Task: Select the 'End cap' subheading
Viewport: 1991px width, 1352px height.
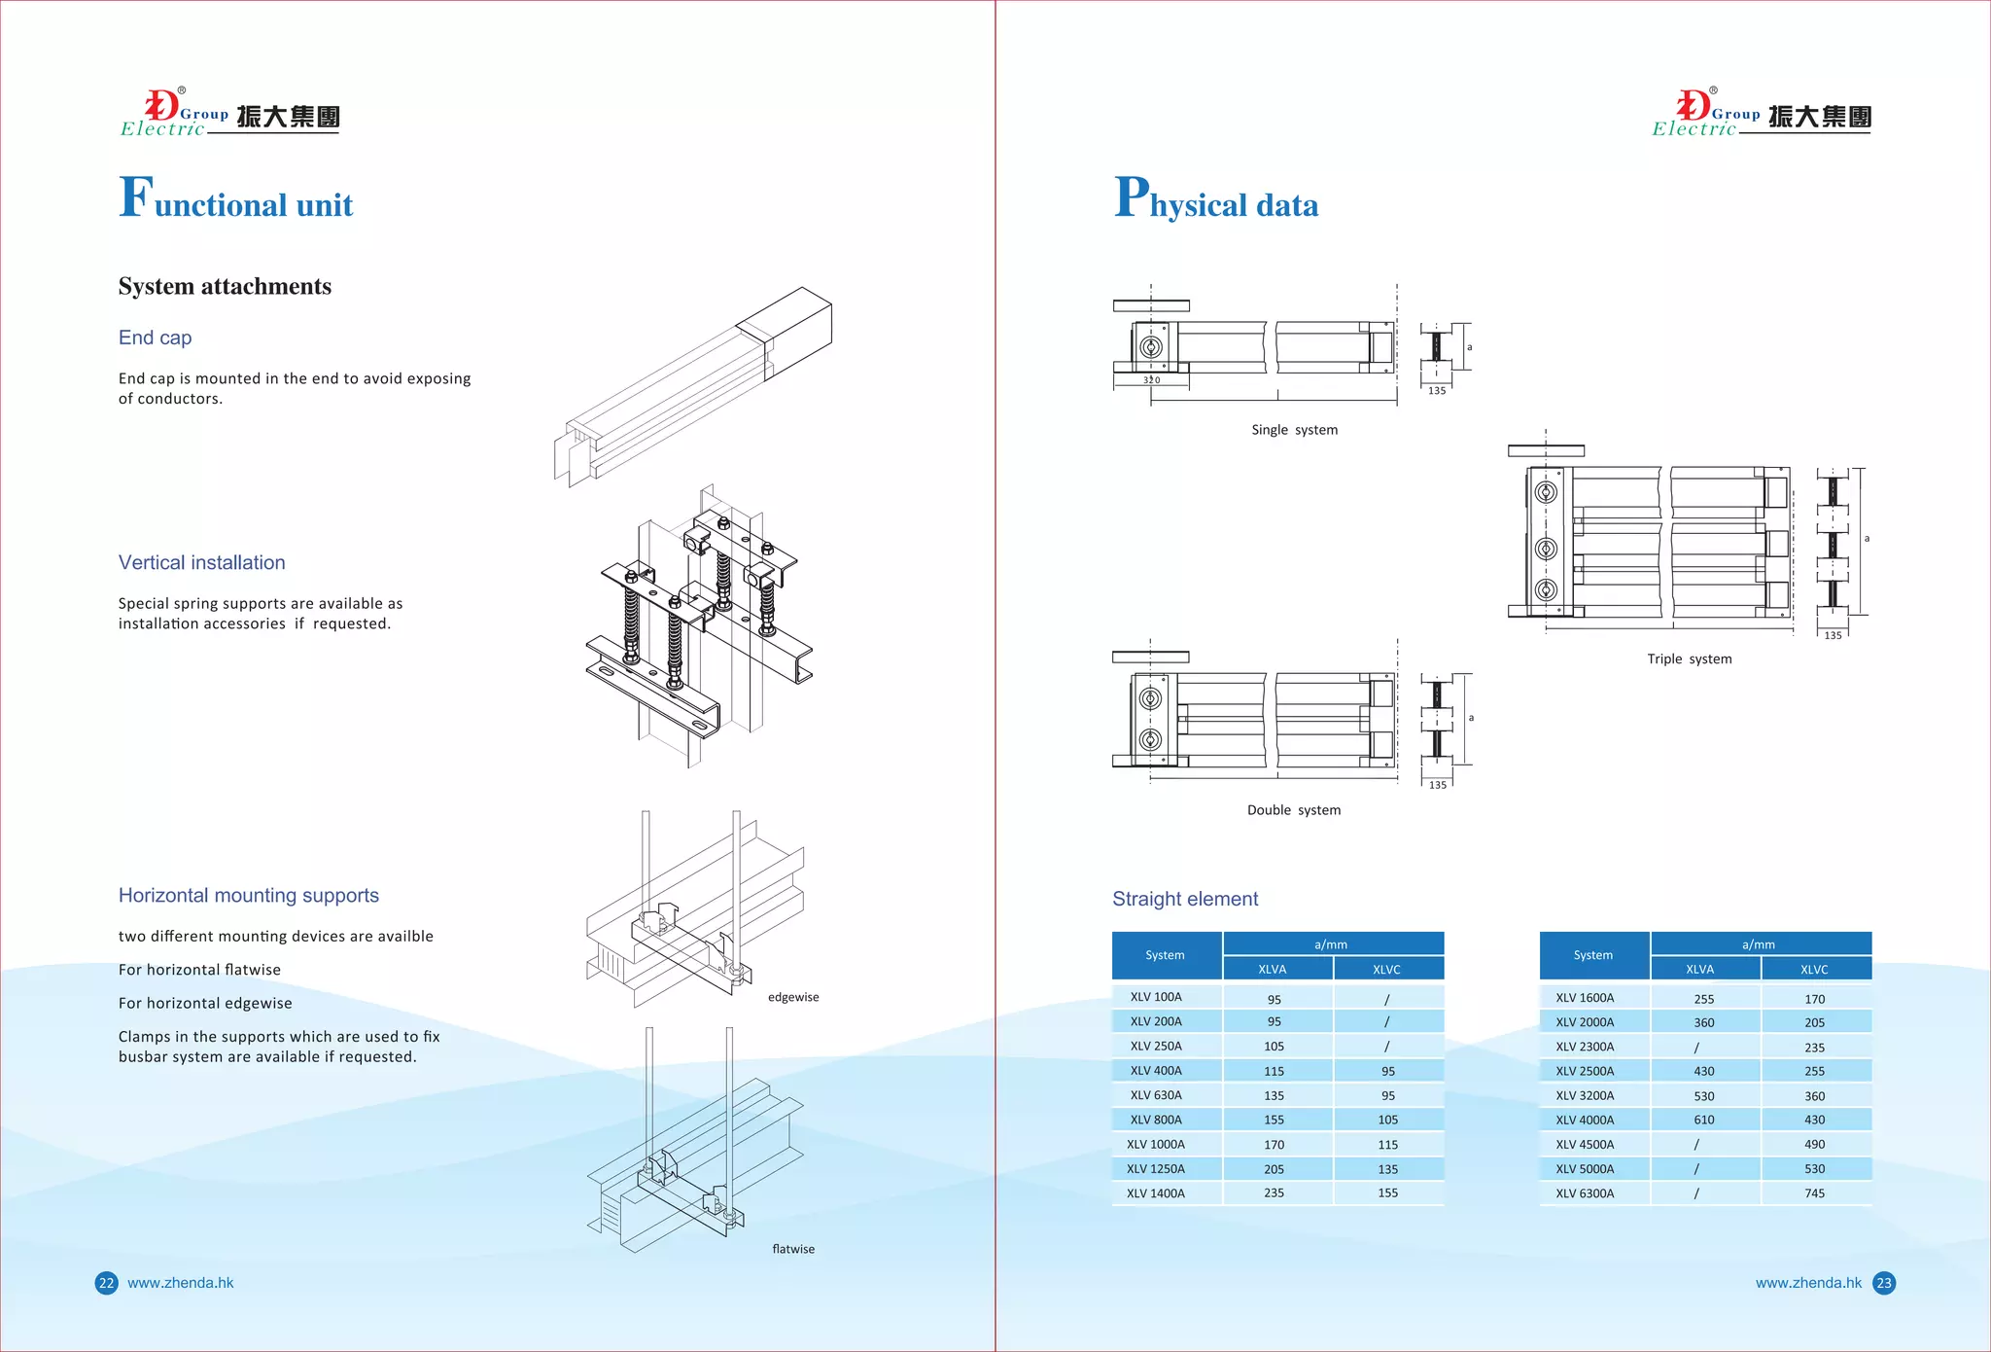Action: (155, 338)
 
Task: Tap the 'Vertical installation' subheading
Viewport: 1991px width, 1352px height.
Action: (201, 562)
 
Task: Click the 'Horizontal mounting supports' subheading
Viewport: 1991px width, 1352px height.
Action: (248, 895)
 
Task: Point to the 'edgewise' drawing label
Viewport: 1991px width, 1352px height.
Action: (793, 997)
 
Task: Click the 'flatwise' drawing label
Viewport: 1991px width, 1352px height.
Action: (793, 1249)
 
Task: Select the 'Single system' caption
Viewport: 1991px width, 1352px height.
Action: (1294, 430)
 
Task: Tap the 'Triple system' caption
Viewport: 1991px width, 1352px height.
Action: (1689, 658)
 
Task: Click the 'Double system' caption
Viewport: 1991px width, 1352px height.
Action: (1293, 810)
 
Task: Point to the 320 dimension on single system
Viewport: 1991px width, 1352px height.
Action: (1151, 380)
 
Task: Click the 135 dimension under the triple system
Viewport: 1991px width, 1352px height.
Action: (1833, 635)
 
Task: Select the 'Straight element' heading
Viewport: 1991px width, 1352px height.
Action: (1184, 899)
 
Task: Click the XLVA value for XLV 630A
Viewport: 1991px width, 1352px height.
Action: (1274, 1095)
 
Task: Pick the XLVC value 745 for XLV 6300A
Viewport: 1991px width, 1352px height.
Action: (1814, 1193)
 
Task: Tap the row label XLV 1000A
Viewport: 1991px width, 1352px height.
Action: (1155, 1145)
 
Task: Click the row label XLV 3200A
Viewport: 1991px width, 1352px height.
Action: (1584, 1095)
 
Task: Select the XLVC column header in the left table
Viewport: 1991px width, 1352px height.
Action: (1386, 970)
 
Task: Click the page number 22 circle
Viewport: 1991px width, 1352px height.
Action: (106, 1283)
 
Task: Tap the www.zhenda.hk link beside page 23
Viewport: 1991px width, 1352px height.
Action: (1807, 1283)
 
